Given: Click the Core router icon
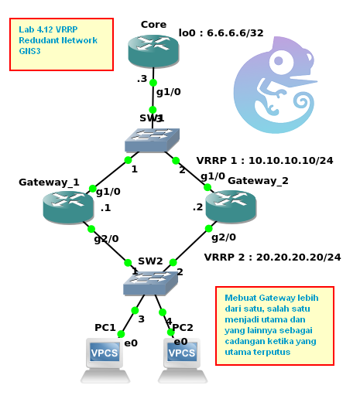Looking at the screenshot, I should coord(153,52).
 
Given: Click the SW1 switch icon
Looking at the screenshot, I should coord(152,139).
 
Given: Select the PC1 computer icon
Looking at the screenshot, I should coord(105,360).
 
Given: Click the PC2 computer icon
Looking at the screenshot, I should coord(182,360).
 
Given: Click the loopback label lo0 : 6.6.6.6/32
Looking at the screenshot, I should coord(221,33).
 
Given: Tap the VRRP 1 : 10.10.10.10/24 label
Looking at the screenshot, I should coord(264,160).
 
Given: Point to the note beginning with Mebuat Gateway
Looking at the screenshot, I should coord(273,325).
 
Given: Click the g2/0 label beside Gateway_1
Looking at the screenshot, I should coord(106,238).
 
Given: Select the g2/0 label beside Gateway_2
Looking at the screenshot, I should coord(223,237).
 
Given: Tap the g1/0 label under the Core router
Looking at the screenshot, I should coord(168,92).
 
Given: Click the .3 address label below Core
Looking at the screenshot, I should coord(142,79).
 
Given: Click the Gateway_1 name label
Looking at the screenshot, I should coord(49,182).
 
